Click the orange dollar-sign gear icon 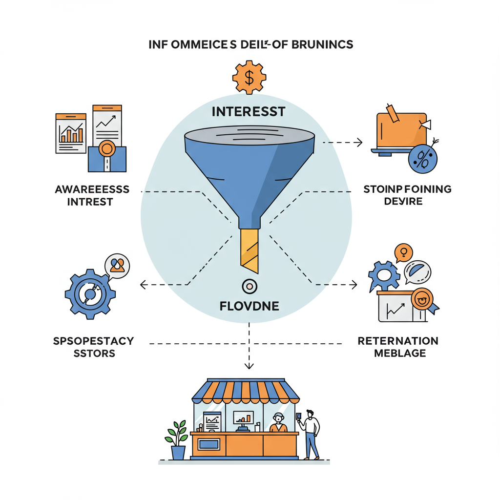coord(249,77)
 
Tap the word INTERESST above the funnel coord(249,112)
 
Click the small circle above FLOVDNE coord(249,286)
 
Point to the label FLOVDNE coord(249,307)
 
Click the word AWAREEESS coord(92,189)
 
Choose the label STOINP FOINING coord(408,188)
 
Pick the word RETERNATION coord(398,341)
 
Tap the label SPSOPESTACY coord(93,341)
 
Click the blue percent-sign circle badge coord(422,159)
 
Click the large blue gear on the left coord(90,294)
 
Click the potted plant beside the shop coord(177,439)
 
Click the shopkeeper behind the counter coord(278,423)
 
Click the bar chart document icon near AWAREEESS coord(71,133)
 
